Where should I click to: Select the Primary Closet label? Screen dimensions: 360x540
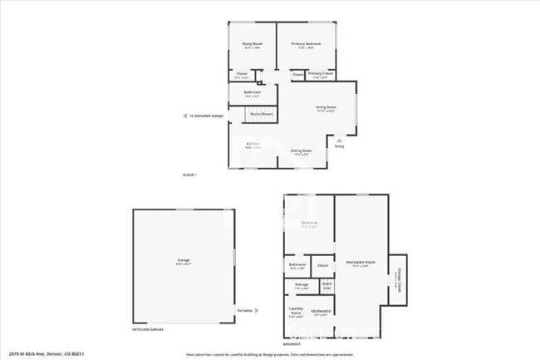point(321,74)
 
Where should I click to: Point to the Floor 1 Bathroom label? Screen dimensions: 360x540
point(252,92)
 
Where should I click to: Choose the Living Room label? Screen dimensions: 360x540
point(325,107)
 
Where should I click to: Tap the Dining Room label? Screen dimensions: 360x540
point(301,151)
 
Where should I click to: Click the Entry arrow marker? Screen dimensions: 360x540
point(339,141)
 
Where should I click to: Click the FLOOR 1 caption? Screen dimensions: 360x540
point(189,175)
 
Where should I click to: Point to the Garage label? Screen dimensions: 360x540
point(183,260)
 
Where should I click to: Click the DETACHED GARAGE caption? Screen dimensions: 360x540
point(146,330)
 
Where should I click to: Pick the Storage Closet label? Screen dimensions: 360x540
point(397,280)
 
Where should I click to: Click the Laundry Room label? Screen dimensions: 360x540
point(296,313)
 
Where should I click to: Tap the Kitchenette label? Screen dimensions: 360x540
point(321,312)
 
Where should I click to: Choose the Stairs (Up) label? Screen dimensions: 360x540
point(327,285)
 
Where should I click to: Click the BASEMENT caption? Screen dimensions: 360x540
point(292,344)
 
